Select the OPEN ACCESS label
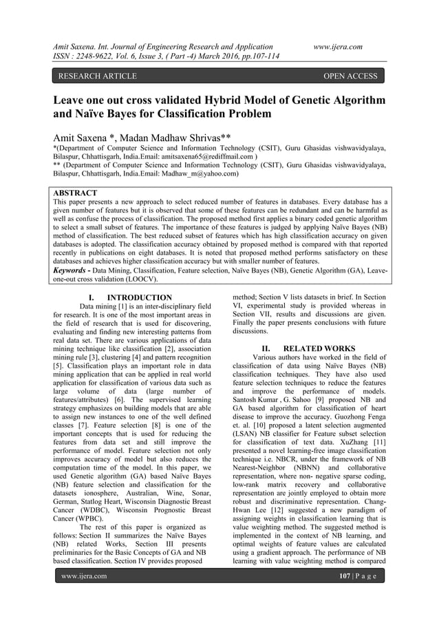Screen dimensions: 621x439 pyautogui.click(x=350, y=76)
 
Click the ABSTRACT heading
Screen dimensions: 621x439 pyautogui.click(x=76, y=193)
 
